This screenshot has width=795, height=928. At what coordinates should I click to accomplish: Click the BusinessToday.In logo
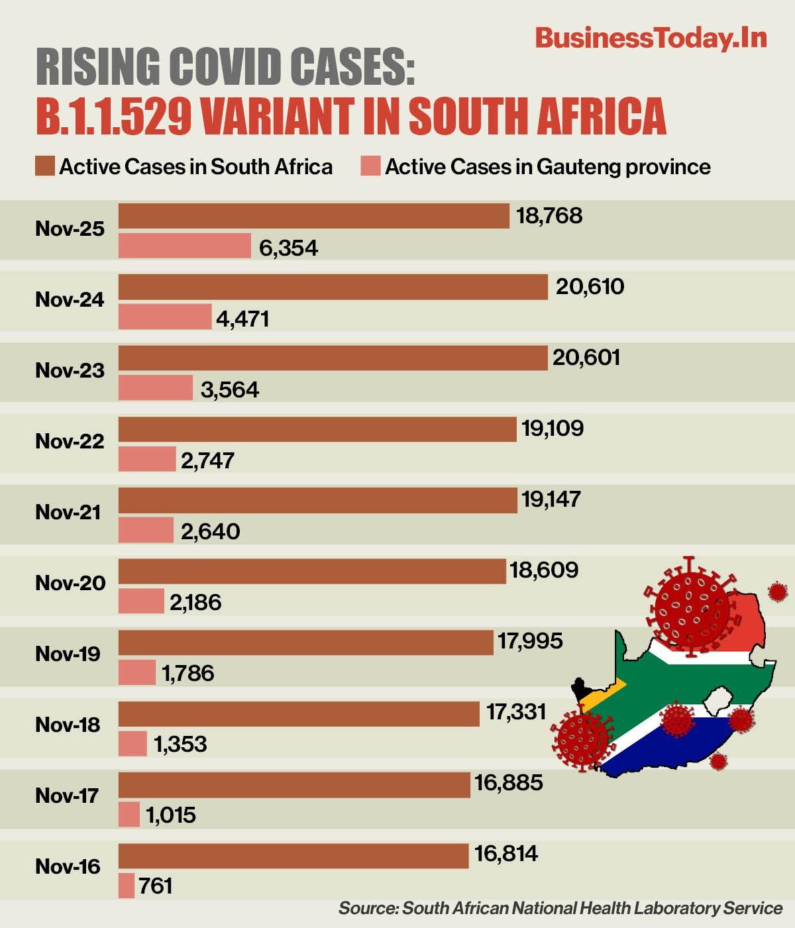coord(651,38)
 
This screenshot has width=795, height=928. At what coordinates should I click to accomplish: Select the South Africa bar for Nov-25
coord(313,216)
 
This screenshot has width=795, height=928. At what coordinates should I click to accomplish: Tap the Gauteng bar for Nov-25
coord(184,246)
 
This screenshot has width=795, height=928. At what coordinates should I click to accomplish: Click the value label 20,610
coord(590,287)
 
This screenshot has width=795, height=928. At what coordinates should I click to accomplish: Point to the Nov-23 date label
coord(70,370)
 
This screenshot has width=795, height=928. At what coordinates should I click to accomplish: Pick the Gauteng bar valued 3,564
coord(156,387)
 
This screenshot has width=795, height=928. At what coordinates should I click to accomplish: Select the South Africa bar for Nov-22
coord(317,429)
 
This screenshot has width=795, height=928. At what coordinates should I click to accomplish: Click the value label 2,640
coord(210,531)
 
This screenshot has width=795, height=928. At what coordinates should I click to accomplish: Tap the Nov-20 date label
coord(70,583)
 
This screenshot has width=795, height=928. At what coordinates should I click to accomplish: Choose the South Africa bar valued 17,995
coord(306,642)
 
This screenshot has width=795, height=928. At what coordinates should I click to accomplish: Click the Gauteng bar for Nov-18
coord(132,743)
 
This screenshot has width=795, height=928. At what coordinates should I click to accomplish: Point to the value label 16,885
coord(508,783)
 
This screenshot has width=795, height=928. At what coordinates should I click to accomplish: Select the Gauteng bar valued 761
coord(127,886)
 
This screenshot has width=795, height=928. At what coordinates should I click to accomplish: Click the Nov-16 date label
coord(68,866)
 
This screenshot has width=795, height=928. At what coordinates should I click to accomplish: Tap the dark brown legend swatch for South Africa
coord(45,166)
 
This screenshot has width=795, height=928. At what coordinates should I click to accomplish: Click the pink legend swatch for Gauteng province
coord(370,166)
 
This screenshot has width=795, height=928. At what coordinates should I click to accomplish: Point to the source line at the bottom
coord(560,907)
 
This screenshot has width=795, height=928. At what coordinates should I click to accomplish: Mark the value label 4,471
coord(242,319)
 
